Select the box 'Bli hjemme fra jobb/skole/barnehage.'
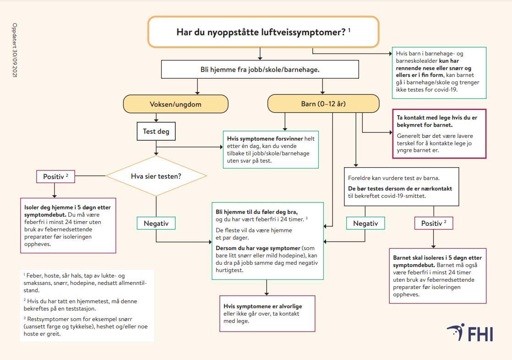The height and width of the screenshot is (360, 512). click(x=260, y=70)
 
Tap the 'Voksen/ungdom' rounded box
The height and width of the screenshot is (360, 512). click(x=175, y=104)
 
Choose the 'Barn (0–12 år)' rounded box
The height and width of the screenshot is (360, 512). click(x=323, y=104)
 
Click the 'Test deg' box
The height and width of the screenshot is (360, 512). click(x=156, y=131)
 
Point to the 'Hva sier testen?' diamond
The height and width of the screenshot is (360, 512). click(x=156, y=176)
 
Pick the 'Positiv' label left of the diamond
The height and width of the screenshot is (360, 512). click(x=55, y=176)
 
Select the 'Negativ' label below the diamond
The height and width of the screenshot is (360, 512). click(x=156, y=224)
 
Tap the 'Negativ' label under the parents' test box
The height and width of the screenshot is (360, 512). click(x=365, y=224)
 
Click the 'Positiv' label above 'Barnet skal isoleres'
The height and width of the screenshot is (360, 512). click(x=433, y=224)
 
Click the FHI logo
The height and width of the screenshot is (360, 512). click(x=470, y=333)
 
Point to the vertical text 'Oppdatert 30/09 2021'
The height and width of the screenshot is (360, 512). click(x=15, y=50)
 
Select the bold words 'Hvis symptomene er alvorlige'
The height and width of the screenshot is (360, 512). click(x=263, y=306)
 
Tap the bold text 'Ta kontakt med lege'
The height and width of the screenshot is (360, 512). click(x=421, y=118)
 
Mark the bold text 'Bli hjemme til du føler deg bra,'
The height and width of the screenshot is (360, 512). click(x=256, y=212)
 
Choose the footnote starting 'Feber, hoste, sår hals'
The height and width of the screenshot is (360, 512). click(x=85, y=283)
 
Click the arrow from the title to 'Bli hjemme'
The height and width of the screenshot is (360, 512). click(x=260, y=54)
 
